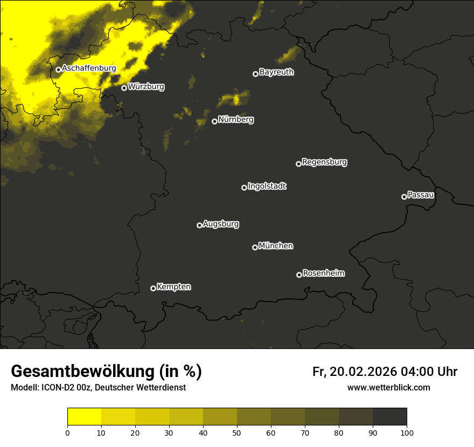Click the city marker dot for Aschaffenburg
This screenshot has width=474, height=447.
point(58,69)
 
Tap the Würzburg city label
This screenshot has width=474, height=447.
point(146,86)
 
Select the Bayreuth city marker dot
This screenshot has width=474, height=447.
point(255,74)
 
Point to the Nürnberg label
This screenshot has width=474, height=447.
point(235,120)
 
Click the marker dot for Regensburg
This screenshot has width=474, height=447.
point(298,164)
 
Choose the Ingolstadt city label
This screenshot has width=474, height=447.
point(267,186)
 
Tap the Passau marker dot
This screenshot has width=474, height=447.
point(404,197)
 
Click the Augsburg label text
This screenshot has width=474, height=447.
point(221,224)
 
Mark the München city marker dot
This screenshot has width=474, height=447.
point(255,247)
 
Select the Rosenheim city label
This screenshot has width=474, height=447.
point(323,273)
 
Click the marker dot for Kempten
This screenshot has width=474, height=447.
point(153,288)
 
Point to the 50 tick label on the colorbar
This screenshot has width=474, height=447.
point(237,432)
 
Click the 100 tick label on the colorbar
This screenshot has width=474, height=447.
point(407,432)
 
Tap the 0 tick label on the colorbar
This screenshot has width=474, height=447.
point(67,432)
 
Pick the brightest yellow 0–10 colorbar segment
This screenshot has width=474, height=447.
point(84,417)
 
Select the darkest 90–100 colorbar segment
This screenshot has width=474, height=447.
point(389,417)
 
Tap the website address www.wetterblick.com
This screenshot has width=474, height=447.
point(388,387)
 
